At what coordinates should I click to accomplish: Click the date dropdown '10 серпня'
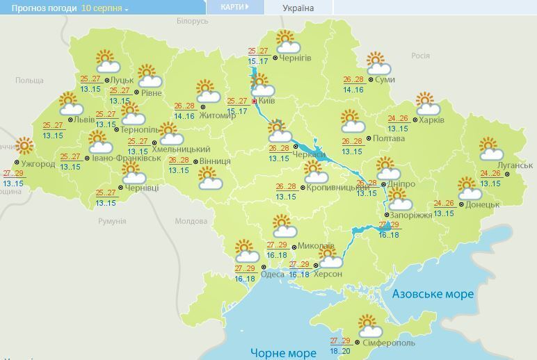tap(105, 8)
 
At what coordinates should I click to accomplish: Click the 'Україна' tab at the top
tap(298, 8)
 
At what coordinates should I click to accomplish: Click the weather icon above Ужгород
tap(24, 147)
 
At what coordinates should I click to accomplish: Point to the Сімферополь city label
tap(389, 343)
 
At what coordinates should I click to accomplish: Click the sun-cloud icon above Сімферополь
tap(368, 325)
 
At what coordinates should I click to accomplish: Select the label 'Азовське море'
tap(432, 294)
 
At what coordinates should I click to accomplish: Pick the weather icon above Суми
tap(378, 64)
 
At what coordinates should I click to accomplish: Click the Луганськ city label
tap(516, 165)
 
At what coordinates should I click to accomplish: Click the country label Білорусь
tap(192, 22)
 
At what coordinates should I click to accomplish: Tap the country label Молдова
tap(191, 222)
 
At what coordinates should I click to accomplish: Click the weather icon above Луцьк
tap(106, 61)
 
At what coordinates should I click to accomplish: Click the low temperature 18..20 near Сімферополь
tap(340, 352)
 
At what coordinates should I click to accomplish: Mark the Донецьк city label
tap(482, 204)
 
